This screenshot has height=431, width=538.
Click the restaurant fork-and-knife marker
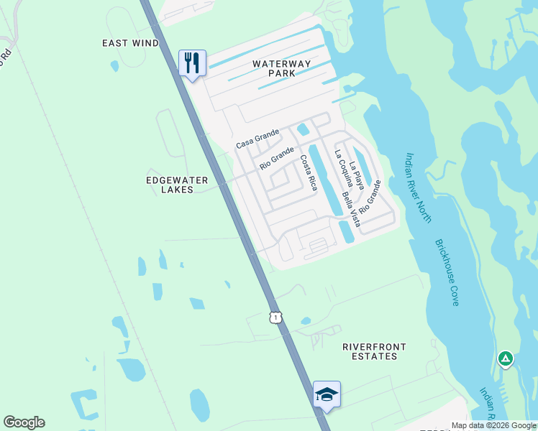click(x=192, y=63)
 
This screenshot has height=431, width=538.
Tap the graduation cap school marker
click(x=327, y=394)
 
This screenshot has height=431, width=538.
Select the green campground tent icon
click(x=506, y=358)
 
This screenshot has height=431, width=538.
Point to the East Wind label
click(x=130, y=43)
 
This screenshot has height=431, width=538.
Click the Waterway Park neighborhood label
click(x=282, y=68)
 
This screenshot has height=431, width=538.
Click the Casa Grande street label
click(x=257, y=139)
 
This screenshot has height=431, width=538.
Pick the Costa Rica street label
click(x=309, y=172)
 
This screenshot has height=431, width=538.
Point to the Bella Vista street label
click(x=351, y=205)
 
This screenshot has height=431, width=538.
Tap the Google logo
click(x=24, y=422)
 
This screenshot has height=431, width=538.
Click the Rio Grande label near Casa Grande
click(x=277, y=158)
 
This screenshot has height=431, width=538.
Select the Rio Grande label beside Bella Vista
click(x=370, y=196)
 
